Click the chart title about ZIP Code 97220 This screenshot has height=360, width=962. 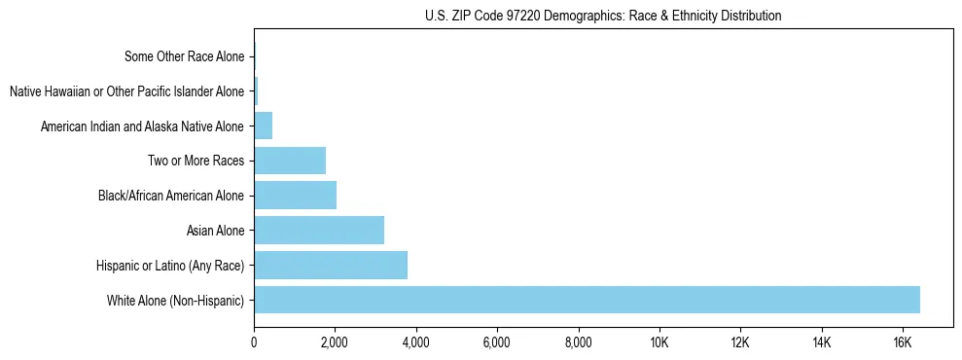point(603,16)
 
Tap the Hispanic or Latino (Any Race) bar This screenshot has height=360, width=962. point(331,265)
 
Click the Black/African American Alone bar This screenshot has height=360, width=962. point(295,195)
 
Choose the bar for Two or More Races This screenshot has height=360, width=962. point(290,161)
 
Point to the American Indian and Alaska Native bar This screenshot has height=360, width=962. point(263,126)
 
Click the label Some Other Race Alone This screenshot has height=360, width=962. point(185,56)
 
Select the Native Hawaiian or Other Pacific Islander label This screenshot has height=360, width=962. point(127,91)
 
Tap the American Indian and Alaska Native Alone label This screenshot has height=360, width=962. point(143,126)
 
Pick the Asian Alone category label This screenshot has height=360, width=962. point(216,231)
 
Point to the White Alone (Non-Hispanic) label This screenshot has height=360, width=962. point(176,300)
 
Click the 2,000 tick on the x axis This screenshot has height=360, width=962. point(335,342)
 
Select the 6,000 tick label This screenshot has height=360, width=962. point(497,342)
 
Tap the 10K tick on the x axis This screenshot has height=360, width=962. point(659,342)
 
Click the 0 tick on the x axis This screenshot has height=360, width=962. point(254,342)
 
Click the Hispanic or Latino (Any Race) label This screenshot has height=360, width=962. point(170,266)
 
